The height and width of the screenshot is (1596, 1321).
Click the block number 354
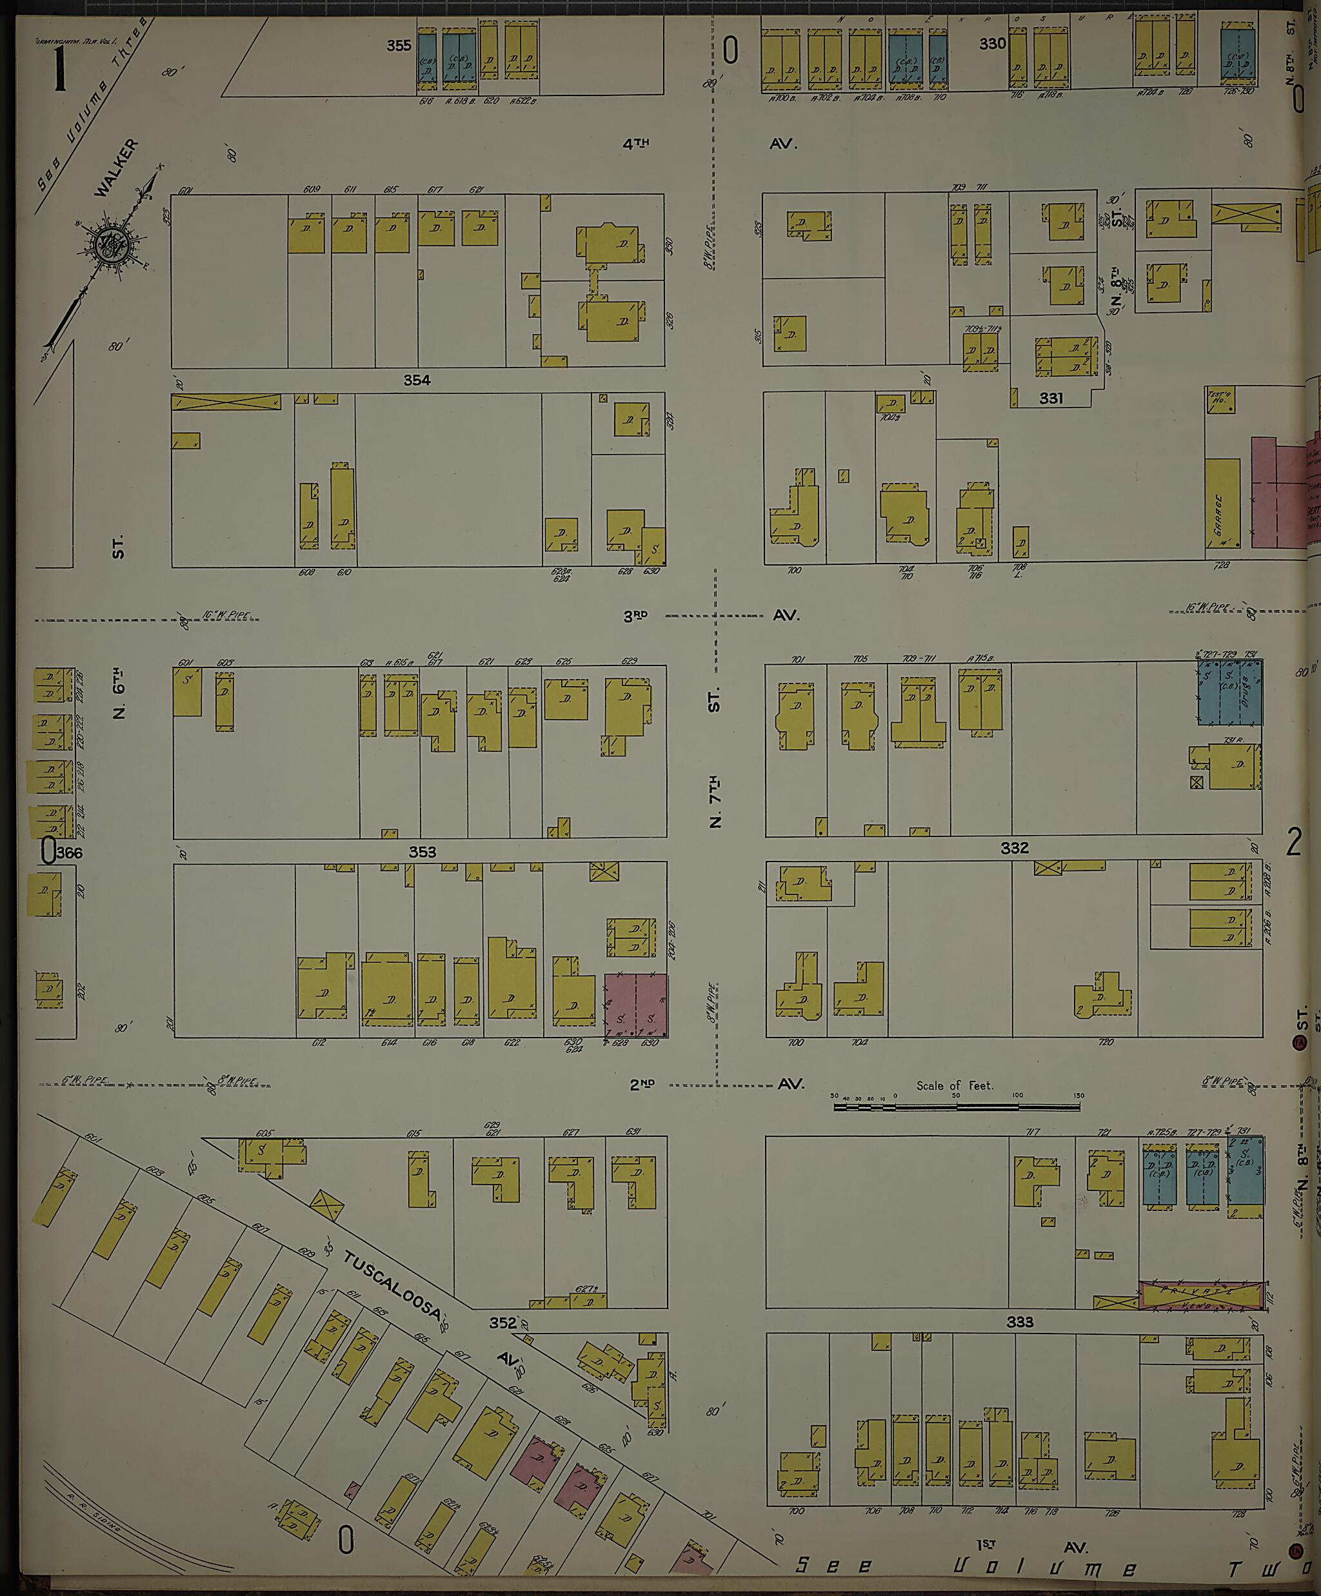pyautogui.click(x=417, y=380)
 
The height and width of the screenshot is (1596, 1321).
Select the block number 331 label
pyautogui.click(x=1051, y=399)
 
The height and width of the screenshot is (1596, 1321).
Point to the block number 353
pyautogui.click(x=422, y=852)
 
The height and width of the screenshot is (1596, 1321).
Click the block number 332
pyautogui.click(x=1014, y=847)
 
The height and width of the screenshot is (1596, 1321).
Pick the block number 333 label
pyautogui.click(x=1019, y=1322)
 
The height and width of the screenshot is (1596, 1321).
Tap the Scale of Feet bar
pyautogui.click(x=956, y=1107)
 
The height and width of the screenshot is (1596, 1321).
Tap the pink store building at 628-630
pyautogui.click(x=635, y=1005)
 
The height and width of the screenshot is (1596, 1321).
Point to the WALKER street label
pyautogui.click(x=117, y=168)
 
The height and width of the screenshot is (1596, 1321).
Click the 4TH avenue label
pyautogui.click(x=635, y=144)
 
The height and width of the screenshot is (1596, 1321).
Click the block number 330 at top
pyautogui.click(x=992, y=44)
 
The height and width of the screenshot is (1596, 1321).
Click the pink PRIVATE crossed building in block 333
pyautogui.click(x=1201, y=1295)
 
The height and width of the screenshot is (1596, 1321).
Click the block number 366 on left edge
pyautogui.click(x=68, y=852)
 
